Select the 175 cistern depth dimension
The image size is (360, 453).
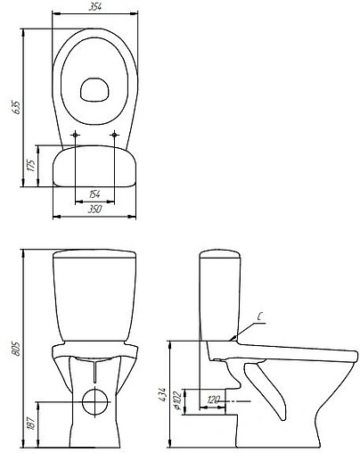[x=31, y=167]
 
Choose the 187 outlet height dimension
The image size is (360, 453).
[x=31, y=423]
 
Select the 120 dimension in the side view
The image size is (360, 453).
[x=214, y=399]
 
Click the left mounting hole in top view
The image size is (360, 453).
[x=77, y=136]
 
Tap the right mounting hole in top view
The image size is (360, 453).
[x=117, y=136]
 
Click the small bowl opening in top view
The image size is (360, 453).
[x=94, y=88]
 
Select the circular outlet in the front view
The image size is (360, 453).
[x=94, y=401]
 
